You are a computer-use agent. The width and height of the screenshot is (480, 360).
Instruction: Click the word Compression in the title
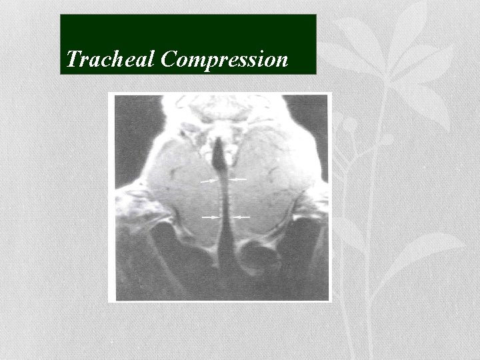[x=225, y=61]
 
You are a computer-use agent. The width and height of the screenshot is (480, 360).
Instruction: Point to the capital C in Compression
[x=169, y=60]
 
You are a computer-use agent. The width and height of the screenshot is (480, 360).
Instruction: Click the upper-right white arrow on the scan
[x=238, y=179]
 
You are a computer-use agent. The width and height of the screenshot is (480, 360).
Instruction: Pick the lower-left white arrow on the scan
[x=211, y=217]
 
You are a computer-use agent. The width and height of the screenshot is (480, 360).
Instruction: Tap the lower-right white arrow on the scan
[x=241, y=217]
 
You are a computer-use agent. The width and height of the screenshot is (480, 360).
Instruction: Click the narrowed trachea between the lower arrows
[x=225, y=217]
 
